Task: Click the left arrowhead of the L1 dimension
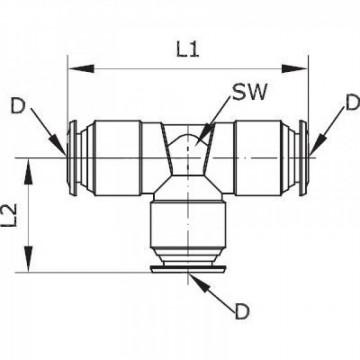click(73, 69)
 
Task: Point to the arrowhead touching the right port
click(312, 147)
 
